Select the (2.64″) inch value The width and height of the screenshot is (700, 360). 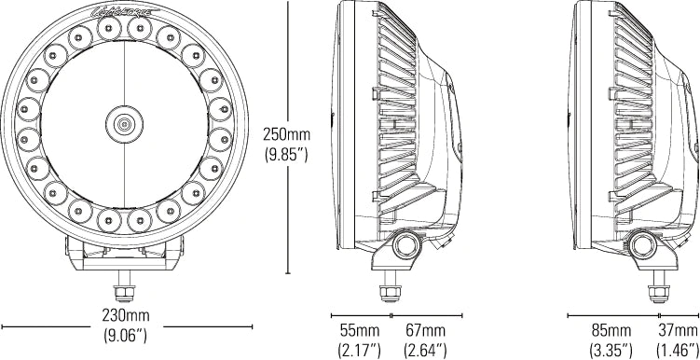[425, 351]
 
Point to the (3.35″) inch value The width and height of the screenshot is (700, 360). [612, 351]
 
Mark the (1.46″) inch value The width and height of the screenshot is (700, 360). [677, 351]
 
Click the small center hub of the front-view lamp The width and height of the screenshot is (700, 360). [124, 122]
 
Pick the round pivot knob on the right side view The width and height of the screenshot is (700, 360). [641, 245]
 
